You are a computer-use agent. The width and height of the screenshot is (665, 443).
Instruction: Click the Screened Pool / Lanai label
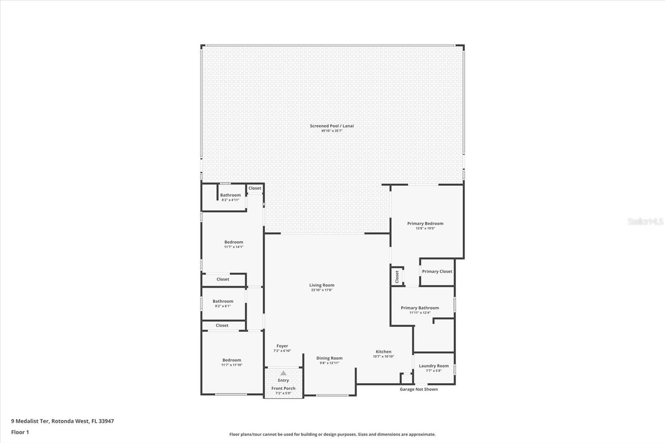tap(332, 126)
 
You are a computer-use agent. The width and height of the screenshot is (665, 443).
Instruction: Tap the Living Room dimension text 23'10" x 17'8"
tap(322, 290)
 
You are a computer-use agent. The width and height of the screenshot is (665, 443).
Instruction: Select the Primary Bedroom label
tap(425, 224)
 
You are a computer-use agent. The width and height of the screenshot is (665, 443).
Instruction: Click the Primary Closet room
tap(437, 271)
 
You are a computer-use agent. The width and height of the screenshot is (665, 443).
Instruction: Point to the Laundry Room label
tap(433, 366)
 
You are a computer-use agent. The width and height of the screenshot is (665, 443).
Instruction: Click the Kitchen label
tap(383, 352)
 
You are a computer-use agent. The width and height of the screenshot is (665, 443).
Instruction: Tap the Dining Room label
tap(329, 358)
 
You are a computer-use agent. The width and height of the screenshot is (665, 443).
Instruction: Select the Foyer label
tap(282, 346)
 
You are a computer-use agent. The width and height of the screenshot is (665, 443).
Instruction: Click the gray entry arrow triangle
tap(283, 373)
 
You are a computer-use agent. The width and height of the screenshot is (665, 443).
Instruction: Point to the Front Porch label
tap(283, 389)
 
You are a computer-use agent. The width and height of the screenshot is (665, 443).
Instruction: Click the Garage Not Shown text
tap(419, 389)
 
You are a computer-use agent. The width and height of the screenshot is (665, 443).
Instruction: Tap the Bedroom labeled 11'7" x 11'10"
tap(232, 360)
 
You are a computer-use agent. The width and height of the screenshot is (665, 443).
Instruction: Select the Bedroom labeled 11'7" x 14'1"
tap(234, 242)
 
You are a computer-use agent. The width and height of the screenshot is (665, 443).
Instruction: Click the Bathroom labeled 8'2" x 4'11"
tap(230, 195)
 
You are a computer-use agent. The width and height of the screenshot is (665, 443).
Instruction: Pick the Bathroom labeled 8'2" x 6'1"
tap(223, 301)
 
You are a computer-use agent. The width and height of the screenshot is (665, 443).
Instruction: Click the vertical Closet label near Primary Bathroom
tap(397, 276)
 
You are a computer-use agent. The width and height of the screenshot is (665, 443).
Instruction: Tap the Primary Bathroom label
tap(420, 308)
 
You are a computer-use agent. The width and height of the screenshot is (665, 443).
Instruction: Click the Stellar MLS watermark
tap(645, 222)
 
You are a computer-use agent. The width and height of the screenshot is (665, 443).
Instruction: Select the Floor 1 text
tap(20, 432)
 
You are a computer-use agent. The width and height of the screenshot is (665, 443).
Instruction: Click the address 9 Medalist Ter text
tap(62, 421)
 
